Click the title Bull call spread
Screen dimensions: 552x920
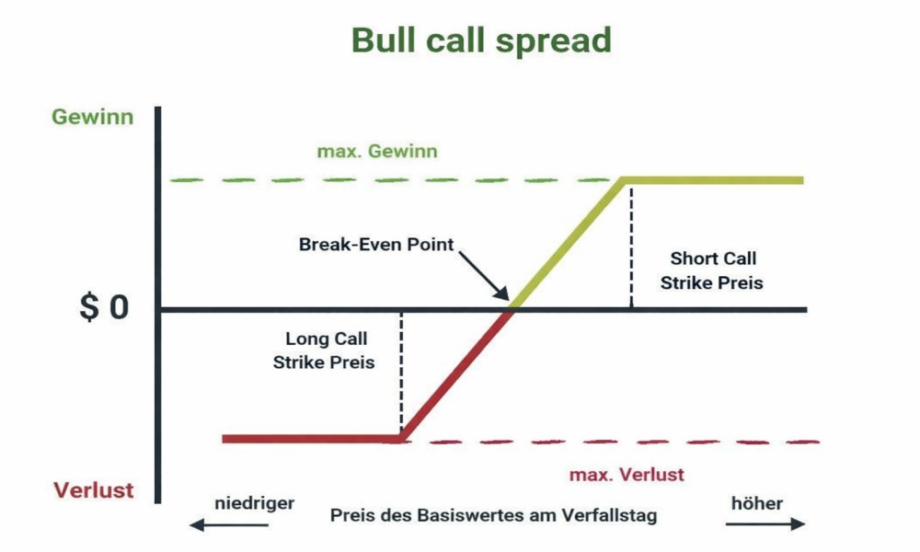click(481, 40)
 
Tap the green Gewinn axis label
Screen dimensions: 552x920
click(92, 118)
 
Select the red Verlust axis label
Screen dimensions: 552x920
click(93, 490)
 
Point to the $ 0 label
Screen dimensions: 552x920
click(104, 308)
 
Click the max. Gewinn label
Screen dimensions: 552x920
click(377, 151)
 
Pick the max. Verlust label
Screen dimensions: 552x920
click(627, 475)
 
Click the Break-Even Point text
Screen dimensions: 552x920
click(376, 246)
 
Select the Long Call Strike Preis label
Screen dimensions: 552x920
click(324, 351)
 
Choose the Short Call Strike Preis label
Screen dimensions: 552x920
click(712, 270)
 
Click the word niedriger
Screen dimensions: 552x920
click(254, 503)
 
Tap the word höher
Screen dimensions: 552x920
click(757, 503)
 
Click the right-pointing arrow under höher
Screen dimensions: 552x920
click(765, 524)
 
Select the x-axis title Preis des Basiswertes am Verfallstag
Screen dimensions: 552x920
click(494, 515)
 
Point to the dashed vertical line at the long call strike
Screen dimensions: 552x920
click(401, 373)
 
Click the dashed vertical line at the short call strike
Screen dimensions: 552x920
click(631, 244)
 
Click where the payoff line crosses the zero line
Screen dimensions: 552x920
click(511, 308)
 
